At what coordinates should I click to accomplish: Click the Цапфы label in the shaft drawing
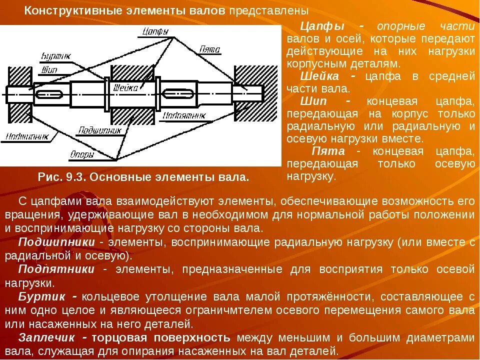click(x=155, y=31)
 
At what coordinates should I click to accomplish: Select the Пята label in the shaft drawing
click(x=209, y=49)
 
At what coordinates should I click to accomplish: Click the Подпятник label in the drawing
click(x=184, y=115)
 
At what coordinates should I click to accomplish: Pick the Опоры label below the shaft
click(x=82, y=154)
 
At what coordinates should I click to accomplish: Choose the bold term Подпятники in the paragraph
click(x=56, y=269)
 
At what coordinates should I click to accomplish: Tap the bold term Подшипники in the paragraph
click(x=56, y=242)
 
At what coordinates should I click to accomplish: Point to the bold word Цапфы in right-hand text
click(x=317, y=26)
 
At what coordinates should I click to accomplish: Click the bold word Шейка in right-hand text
click(x=319, y=76)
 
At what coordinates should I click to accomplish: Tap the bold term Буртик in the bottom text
click(x=41, y=296)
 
